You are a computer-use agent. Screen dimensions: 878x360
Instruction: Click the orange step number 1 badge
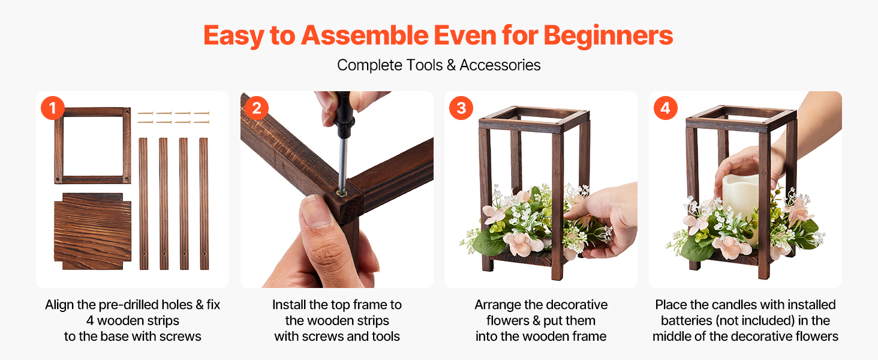click(53, 108)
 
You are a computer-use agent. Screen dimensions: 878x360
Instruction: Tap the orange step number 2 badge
click(257, 108)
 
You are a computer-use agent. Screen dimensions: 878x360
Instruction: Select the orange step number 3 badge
click(461, 108)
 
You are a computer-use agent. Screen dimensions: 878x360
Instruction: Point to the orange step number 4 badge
click(666, 108)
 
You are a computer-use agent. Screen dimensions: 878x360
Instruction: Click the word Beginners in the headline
click(608, 35)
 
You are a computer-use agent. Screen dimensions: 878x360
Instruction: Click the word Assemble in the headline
click(365, 35)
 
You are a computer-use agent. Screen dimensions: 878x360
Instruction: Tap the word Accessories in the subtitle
click(500, 65)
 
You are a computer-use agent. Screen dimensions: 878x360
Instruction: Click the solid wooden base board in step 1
click(92, 231)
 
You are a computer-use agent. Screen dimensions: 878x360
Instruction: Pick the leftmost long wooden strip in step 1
click(143, 203)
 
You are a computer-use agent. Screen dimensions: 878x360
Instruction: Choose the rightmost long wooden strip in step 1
click(204, 203)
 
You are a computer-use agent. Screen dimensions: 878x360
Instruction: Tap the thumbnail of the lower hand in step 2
click(315, 211)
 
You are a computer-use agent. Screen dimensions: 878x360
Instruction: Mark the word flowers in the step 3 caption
click(507, 321)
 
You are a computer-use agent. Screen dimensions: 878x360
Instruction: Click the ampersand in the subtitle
click(451, 65)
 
